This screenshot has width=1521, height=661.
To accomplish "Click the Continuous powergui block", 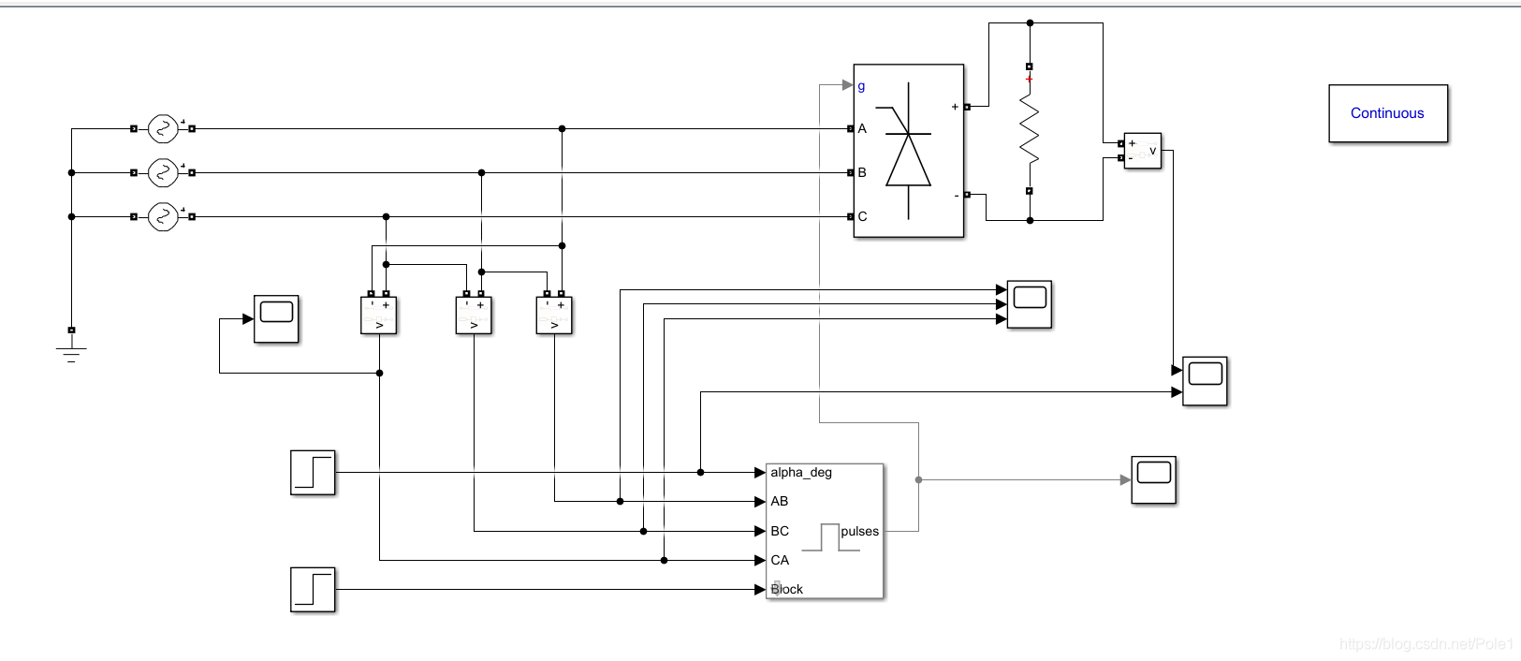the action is click(x=1388, y=113).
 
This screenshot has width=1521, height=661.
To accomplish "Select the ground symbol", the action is click(x=71, y=350).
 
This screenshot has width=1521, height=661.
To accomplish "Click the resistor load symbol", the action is click(x=1030, y=129).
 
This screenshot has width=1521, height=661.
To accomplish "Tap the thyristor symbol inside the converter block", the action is click(x=909, y=151).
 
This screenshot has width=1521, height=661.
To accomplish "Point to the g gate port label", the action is click(x=862, y=85).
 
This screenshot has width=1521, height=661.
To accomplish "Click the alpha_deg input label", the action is click(x=801, y=472).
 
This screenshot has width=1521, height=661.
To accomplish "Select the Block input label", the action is click(x=787, y=589).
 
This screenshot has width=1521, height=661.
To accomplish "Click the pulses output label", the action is click(x=859, y=531).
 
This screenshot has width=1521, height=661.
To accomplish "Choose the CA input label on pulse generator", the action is click(x=780, y=560).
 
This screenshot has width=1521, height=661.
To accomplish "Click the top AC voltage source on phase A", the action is click(x=163, y=128).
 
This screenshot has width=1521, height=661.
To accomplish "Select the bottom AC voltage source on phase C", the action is click(x=163, y=216).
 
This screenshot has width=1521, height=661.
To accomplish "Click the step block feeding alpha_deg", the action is click(x=313, y=472).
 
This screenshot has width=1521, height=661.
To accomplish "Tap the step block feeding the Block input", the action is click(x=313, y=590).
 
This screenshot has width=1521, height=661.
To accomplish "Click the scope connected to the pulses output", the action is click(x=1154, y=480).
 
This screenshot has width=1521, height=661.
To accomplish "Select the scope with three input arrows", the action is click(x=1030, y=304).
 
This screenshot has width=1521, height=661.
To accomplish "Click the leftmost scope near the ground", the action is click(x=276, y=318).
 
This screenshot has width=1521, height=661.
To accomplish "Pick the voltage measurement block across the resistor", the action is click(x=1143, y=151).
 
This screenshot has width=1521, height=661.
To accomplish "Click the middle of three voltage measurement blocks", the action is click(x=474, y=316).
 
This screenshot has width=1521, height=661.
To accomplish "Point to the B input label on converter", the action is click(x=862, y=172).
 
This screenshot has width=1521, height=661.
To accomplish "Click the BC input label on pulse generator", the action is click(x=780, y=531).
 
